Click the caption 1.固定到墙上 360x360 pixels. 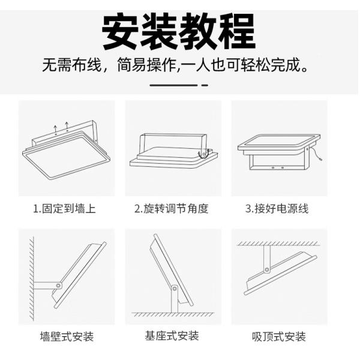click(x=64, y=209)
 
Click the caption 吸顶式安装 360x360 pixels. click(x=279, y=337)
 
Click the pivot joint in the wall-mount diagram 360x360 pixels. click(x=58, y=285)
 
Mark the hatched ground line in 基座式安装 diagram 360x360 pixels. click(x=173, y=314)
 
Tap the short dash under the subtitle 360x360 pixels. click(x=205, y=85)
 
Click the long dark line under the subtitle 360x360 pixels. click(x=173, y=85)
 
